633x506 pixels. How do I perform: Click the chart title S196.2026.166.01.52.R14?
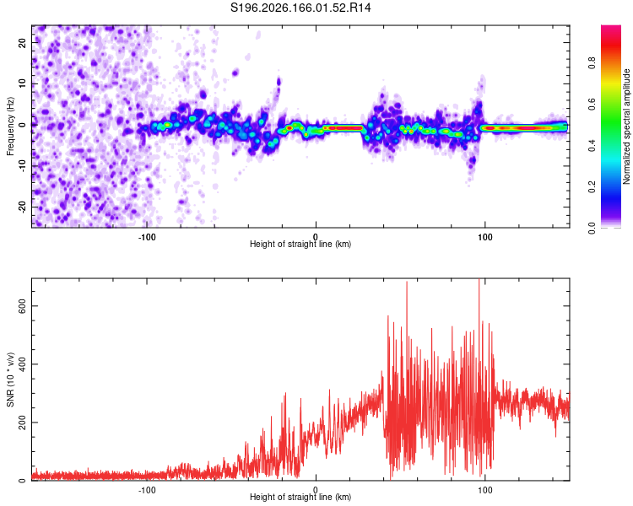[x=300, y=8]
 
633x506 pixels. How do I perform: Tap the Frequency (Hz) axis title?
[x=10, y=126]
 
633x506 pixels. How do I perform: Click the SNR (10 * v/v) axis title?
[x=10, y=379]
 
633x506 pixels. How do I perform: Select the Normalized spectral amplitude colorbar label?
[x=626, y=126]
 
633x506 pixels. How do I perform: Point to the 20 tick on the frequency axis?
[x=23, y=42]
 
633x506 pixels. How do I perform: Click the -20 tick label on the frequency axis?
[x=23, y=207]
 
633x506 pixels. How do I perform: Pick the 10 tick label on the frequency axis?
[x=23, y=83]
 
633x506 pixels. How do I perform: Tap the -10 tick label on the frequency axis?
[x=23, y=166]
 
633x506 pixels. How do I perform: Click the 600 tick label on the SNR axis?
[x=23, y=306]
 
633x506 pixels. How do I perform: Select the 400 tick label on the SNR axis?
[x=23, y=364]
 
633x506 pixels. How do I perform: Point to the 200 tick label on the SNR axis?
[x=23, y=422]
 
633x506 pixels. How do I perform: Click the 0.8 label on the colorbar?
[x=592, y=62]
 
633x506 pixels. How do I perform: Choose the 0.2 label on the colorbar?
[x=592, y=187]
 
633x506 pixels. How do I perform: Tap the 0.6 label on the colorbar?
[x=592, y=104]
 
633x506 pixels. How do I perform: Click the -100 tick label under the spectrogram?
[x=147, y=237]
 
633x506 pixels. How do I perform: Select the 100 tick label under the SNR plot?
[x=484, y=490]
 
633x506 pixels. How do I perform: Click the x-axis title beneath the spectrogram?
[x=300, y=244]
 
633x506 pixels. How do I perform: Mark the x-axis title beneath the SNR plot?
[x=300, y=497]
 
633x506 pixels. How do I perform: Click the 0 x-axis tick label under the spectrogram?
[x=316, y=237]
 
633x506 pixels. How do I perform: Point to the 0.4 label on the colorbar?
[x=592, y=145]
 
